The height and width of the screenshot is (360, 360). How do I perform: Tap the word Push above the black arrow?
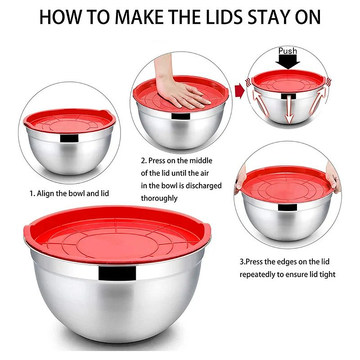288,51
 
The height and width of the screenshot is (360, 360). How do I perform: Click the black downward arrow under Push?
288,62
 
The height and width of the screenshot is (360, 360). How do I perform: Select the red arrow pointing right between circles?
239,91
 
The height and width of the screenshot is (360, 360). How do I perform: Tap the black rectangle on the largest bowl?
117,273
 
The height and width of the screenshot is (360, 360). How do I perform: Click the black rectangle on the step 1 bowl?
69,138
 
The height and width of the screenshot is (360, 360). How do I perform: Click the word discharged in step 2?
203,186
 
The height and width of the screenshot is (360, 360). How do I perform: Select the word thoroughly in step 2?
159,198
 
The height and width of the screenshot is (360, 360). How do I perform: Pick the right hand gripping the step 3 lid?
333,178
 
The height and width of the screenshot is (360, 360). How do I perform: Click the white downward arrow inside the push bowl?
289,108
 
